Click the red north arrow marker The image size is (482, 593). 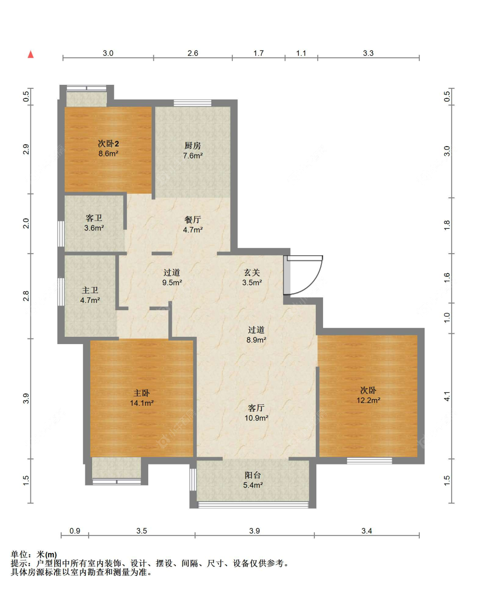coord(30,54)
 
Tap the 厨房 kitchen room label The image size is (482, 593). coord(192,146)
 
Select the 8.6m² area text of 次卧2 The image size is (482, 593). coord(108,153)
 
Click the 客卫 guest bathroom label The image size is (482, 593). coord(94,218)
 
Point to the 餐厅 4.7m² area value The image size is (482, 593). coord(192,230)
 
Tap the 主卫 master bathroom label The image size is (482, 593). coord(90,291)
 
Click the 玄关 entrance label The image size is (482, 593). coord(252,273)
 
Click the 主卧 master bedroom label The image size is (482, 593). coord(141,393)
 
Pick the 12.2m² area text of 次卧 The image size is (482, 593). coord(368,400)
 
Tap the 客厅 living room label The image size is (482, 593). coord(256,408)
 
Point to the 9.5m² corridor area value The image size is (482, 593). coord(172,283)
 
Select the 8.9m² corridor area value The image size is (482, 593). coord(256,340)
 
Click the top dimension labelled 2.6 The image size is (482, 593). coord(192,53)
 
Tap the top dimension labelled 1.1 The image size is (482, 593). coord(301,53)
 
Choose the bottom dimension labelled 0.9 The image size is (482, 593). coord(75,530)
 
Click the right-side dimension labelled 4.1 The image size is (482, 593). coord(447,396)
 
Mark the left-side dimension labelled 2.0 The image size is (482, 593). coord(26,223)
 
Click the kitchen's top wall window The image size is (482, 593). coord(192,103)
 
